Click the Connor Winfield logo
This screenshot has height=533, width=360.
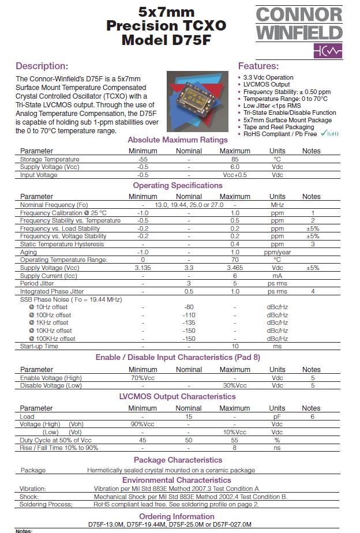point(299,31)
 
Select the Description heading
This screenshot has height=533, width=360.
point(42,66)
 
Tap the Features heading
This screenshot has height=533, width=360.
point(258,66)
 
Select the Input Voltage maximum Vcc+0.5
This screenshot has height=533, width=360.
point(235,175)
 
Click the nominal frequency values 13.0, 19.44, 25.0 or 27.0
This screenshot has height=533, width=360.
point(189,205)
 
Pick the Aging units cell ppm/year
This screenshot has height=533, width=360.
point(277,252)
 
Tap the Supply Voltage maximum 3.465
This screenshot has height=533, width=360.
point(235,268)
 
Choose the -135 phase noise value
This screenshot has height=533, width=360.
point(189,322)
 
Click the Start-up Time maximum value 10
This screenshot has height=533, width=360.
point(235,346)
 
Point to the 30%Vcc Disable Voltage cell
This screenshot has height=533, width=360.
point(235,385)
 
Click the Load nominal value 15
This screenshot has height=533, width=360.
point(189,416)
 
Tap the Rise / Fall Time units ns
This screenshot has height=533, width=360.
point(277,448)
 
